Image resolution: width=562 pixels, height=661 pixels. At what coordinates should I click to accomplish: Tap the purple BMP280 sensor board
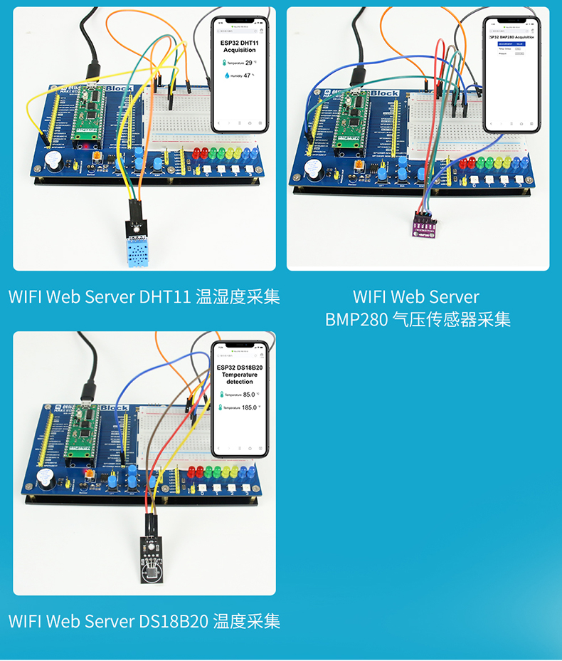coord(425,226)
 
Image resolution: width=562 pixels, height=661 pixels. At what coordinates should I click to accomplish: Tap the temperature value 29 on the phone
coord(249,63)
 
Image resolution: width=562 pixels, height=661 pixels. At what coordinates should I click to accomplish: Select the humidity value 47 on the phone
coord(248,75)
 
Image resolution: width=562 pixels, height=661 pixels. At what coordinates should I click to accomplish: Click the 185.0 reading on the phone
coord(249,407)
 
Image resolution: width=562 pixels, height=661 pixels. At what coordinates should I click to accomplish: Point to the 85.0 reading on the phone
coord(249,394)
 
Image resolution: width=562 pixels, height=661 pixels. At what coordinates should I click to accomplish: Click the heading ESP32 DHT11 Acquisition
coord(240,46)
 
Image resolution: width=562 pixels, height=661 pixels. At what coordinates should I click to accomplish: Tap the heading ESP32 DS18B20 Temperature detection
coord(240,374)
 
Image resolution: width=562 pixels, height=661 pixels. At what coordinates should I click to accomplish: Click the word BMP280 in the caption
coord(356,320)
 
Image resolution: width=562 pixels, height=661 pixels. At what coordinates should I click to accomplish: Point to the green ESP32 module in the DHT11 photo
coord(90,114)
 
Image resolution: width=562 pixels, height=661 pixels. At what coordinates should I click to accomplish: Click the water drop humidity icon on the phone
coord(228,75)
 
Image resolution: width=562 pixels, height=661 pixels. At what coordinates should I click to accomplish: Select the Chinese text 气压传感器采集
coord(451,320)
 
